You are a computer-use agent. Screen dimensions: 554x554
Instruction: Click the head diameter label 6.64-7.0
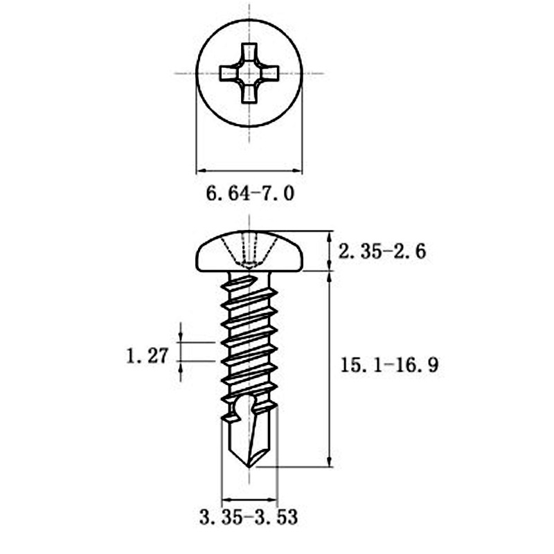tap(250, 194)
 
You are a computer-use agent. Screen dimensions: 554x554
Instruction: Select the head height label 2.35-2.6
tap(382, 251)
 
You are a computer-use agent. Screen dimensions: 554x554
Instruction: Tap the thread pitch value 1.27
tap(148, 356)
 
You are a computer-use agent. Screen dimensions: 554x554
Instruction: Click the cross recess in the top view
tap(249, 73)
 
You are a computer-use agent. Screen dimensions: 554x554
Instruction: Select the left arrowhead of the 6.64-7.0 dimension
tap(201, 169)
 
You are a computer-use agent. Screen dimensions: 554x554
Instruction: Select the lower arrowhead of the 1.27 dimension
tap(181, 366)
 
